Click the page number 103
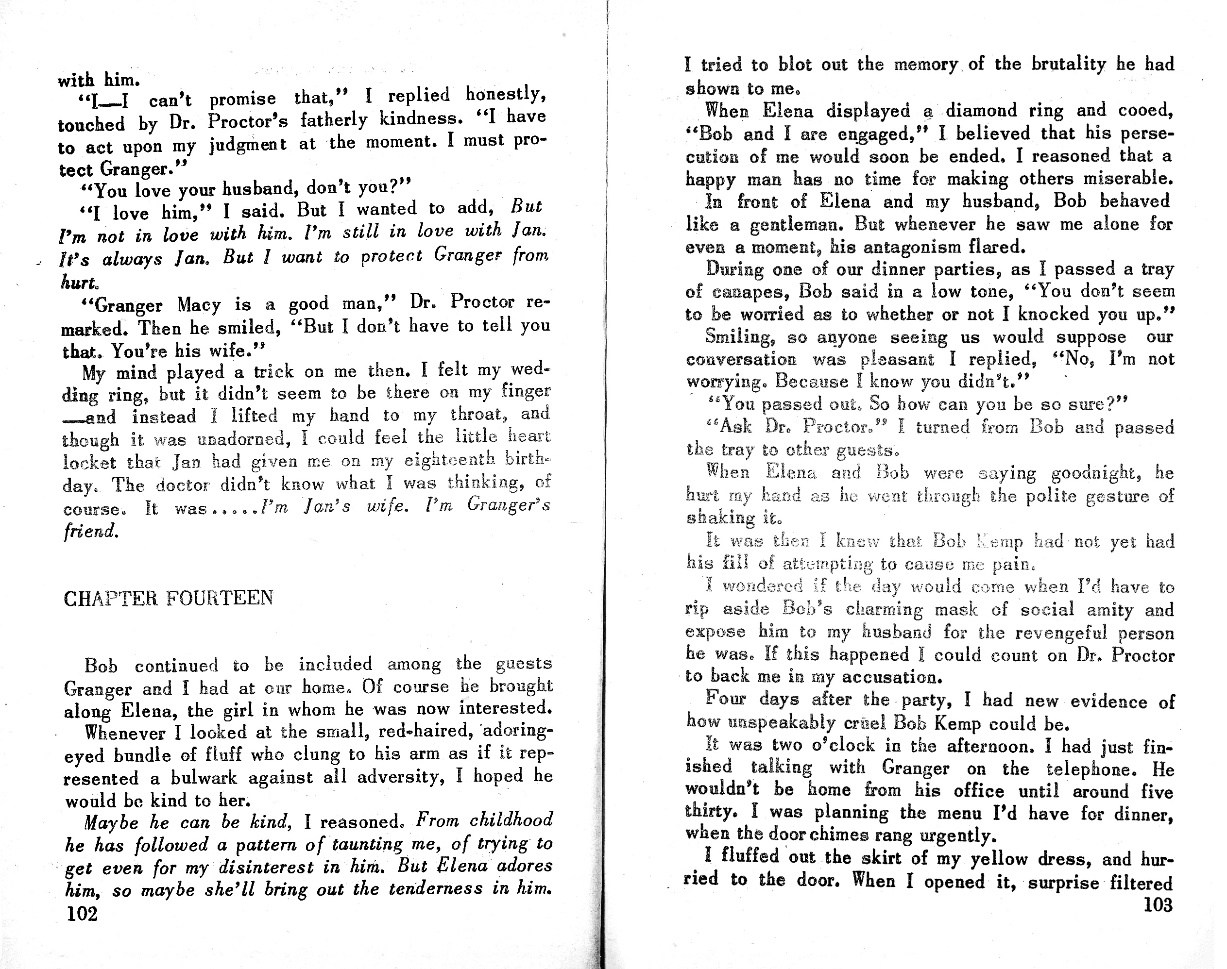pos(1157,904)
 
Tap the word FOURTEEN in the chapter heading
pos(220,598)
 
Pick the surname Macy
pos(199,305)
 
